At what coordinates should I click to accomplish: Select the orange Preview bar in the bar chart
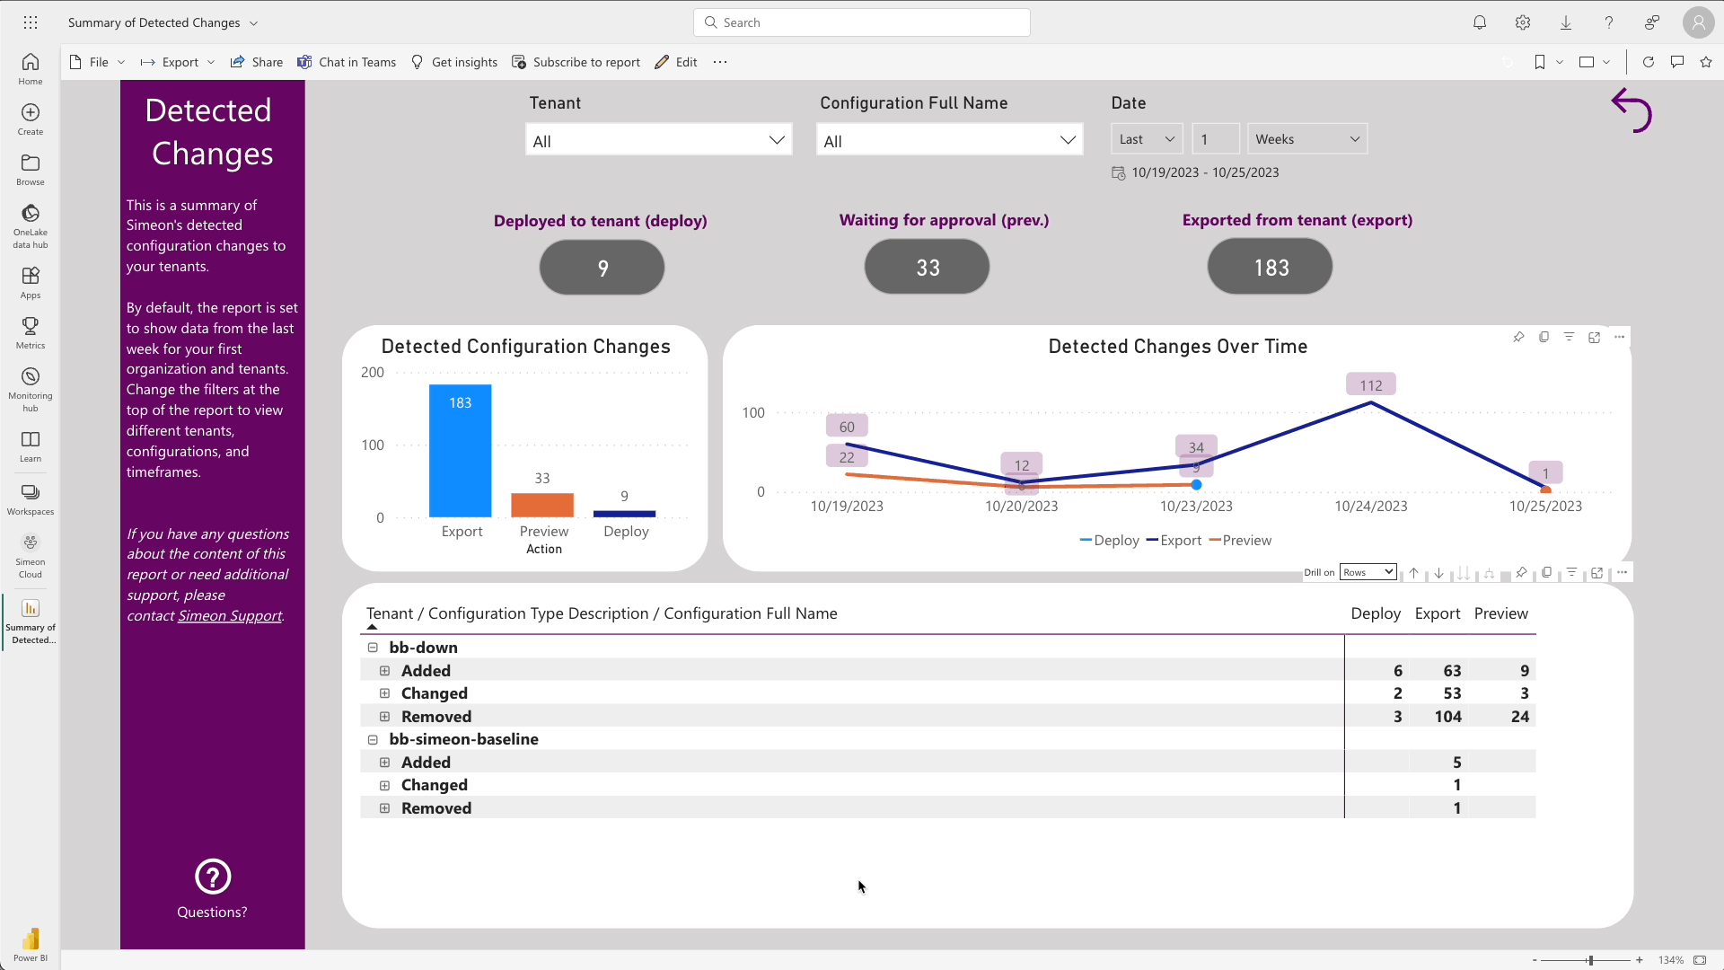(542, 505)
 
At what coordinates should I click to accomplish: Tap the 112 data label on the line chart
(1370, 385)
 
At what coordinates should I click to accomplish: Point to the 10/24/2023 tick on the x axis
(1370, 507)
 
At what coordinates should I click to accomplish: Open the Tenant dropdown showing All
(658, 140)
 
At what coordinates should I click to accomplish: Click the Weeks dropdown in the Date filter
(1306, 139)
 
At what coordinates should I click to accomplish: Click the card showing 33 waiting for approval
(927, 268)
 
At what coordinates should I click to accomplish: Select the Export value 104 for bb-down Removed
(1447, 717)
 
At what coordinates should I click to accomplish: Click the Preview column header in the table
(1500, 613)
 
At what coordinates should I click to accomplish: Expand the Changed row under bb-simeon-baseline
(384, 786)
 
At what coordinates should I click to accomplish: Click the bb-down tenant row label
(423, 648)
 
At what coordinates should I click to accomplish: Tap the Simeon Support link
(230, 616)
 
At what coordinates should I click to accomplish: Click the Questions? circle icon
(213, 877)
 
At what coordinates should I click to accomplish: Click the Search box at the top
(862, 22)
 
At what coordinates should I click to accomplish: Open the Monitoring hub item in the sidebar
(31, 388)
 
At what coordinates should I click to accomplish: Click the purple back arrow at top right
(1631, 110)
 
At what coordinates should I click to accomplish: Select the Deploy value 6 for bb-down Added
(1397, 671)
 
